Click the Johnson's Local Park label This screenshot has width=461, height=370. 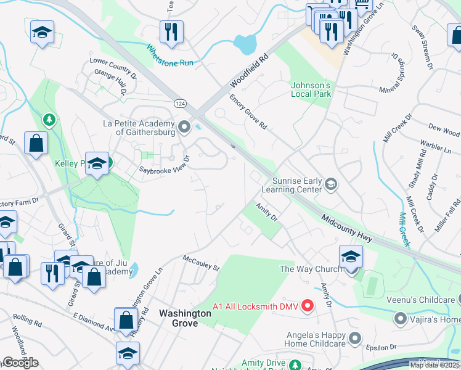[311, 89]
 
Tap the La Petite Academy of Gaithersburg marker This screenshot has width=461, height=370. [184, 128]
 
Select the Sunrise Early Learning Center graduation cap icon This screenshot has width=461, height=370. [331, 184]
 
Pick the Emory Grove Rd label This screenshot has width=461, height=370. [248, 112]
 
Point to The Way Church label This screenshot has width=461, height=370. [311, 269]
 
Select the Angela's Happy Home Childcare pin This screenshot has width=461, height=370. [354, 337]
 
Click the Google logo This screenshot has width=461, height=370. [20, 363]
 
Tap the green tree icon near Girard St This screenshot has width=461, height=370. [48, 118]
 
